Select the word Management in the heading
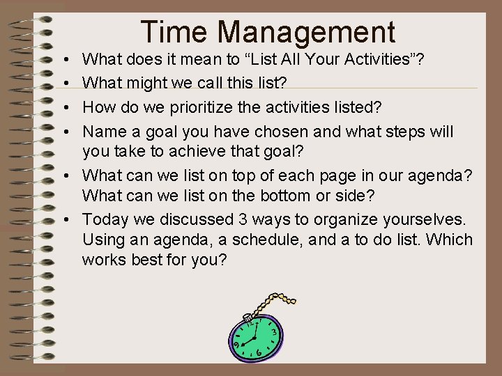coord(306,32)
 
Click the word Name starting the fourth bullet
coord(102,132)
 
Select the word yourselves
coord(425,219)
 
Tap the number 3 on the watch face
coord(275,334)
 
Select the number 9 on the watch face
coord(237,343)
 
